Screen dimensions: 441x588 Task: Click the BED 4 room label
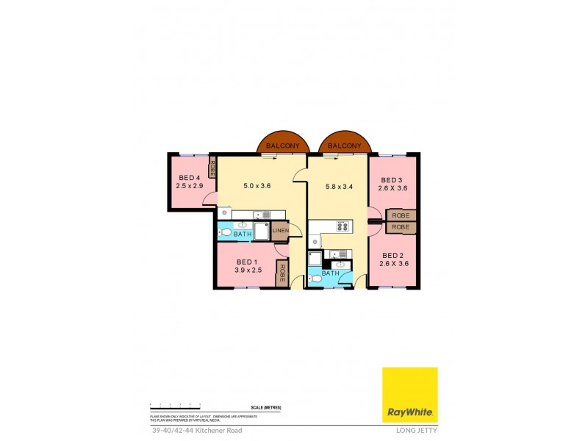pos(190,178)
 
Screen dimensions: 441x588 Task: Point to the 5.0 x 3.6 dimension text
pos(257,186)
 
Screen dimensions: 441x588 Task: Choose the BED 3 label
pos(392,181)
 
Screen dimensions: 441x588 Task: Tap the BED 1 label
pos(247,262)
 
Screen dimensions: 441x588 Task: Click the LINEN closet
pos(280,232)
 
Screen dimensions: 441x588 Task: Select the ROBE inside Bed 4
pos(212,168)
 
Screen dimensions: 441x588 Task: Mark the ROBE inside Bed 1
pos(281,273)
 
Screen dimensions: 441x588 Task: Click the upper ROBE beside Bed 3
pos(401,215)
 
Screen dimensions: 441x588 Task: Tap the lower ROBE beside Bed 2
pos(401,227)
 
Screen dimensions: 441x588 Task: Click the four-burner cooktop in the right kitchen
pos(342,226)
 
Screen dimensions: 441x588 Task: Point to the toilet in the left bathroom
pos(225,233)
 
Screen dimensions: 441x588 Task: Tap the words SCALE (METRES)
pos(266,407)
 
